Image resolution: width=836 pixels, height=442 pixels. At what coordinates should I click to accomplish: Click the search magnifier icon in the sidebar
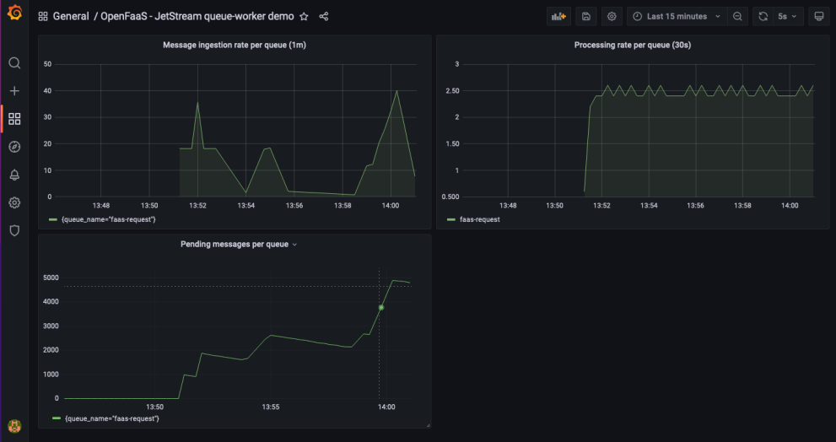click(x=14, y=63)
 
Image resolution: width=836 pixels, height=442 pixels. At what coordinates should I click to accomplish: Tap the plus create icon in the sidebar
click(x=14, y=91)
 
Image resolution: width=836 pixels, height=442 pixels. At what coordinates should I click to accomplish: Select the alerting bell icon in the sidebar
click(x=14, y=175)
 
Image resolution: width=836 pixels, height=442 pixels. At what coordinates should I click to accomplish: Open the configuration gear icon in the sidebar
click(x=14, y=202)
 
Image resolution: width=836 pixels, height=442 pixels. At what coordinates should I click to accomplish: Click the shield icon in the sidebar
click(x=14, y=230)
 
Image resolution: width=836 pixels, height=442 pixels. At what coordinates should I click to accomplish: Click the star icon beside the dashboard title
click(x=304, y=17)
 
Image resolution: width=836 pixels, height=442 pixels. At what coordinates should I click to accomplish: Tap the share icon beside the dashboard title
click(x=324, y=17)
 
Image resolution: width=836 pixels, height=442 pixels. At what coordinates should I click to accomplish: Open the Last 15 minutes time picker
click(x=677, y=16)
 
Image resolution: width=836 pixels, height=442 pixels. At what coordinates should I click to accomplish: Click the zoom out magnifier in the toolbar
click(x=738, y=16)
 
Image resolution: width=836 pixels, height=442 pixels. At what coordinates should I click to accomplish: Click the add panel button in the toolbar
click(x=558, y=16)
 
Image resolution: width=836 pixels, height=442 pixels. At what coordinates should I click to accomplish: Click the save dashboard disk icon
click(x=586, y=16)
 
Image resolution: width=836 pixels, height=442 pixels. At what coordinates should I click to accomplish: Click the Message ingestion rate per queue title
click(x=234, y=45)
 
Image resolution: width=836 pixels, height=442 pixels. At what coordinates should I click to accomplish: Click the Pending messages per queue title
click(x=234, y=245)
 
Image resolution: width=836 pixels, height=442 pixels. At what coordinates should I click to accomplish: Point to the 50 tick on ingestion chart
click(x=47, y=64)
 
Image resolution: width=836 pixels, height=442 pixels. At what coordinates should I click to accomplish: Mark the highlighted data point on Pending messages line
click(x=381, y=307)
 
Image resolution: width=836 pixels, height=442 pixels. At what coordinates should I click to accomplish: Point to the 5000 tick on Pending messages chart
click(x=51, y=278)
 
